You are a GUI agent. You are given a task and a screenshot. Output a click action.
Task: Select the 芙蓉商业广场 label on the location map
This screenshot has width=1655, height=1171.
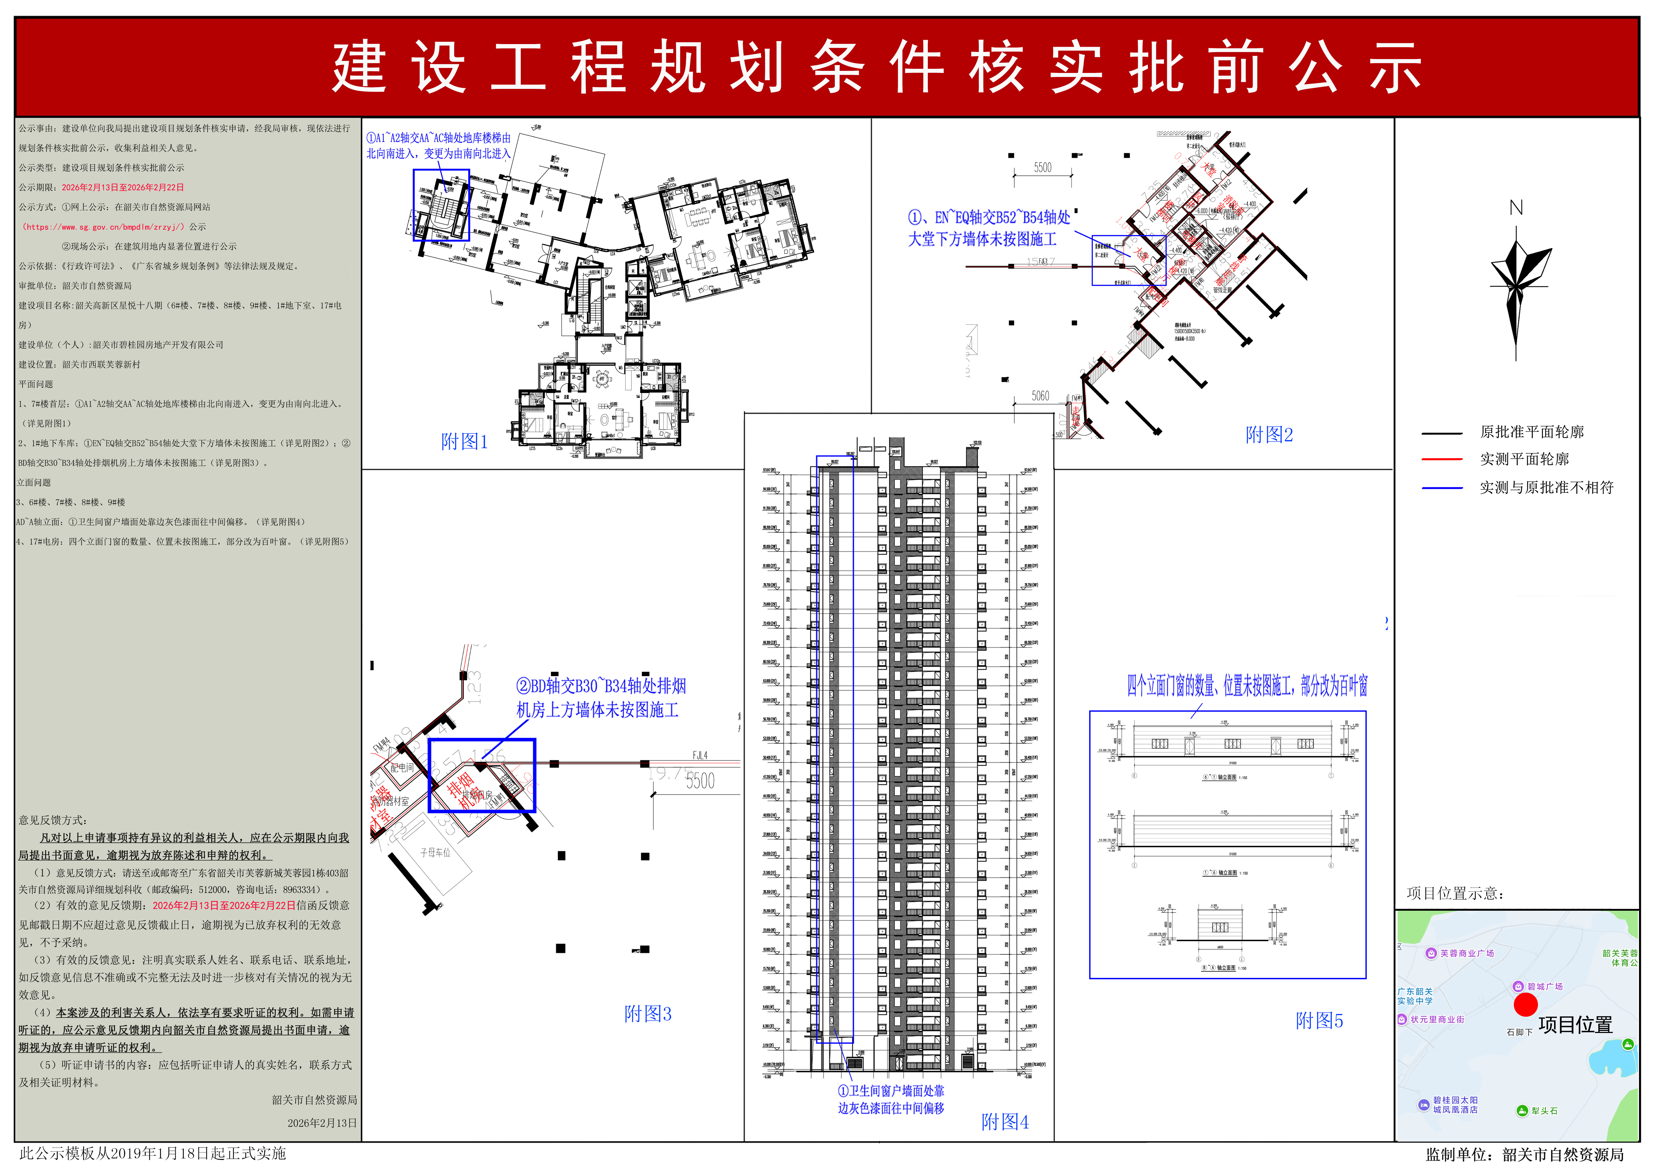tap(1466, 953)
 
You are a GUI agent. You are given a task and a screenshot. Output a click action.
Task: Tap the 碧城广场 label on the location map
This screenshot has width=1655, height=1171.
tap(1544, 986)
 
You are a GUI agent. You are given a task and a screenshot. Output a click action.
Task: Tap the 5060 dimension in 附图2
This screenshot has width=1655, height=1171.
tap(1040, 396)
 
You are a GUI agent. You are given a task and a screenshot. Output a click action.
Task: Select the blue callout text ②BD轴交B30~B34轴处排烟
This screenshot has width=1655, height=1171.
tap(601, 686)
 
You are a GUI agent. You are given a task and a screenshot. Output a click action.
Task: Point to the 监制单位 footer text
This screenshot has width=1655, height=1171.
tap(1524, 1154)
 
